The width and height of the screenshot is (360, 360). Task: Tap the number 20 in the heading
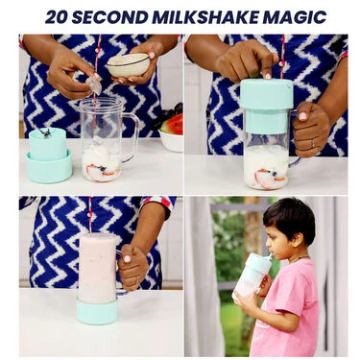point(57,16)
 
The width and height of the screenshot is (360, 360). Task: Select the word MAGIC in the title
point(295,16)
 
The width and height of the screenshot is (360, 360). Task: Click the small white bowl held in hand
point(128,65)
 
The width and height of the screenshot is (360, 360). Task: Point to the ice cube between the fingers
point(94,85)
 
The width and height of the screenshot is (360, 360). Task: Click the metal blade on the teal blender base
point(46,132)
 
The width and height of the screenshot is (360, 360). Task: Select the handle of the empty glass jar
point(132,137)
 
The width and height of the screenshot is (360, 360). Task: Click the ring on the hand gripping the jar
point(313,144)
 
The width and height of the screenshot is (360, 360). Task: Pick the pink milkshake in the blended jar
point(97,268)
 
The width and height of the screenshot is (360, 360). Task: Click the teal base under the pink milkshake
point(97,311)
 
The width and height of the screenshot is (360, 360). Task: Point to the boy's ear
point(299,240)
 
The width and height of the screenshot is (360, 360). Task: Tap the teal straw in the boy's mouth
point(270,256)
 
